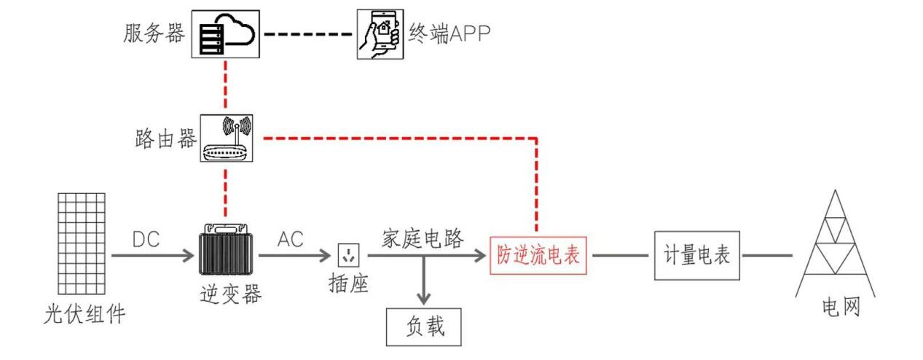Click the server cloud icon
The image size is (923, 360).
coord(225,34)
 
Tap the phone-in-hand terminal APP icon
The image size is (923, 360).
coord(380,34)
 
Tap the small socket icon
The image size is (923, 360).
coord(348,256)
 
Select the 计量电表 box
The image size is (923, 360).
coord(697,256)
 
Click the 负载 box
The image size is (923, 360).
coord(424,326)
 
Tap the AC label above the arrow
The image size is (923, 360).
coord(290,240)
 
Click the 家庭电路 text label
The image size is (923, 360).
coord(423,239)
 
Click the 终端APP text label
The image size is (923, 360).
coord(449,34)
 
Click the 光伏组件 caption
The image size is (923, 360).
coord(84,316)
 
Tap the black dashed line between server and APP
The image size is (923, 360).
coord(309,34)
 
